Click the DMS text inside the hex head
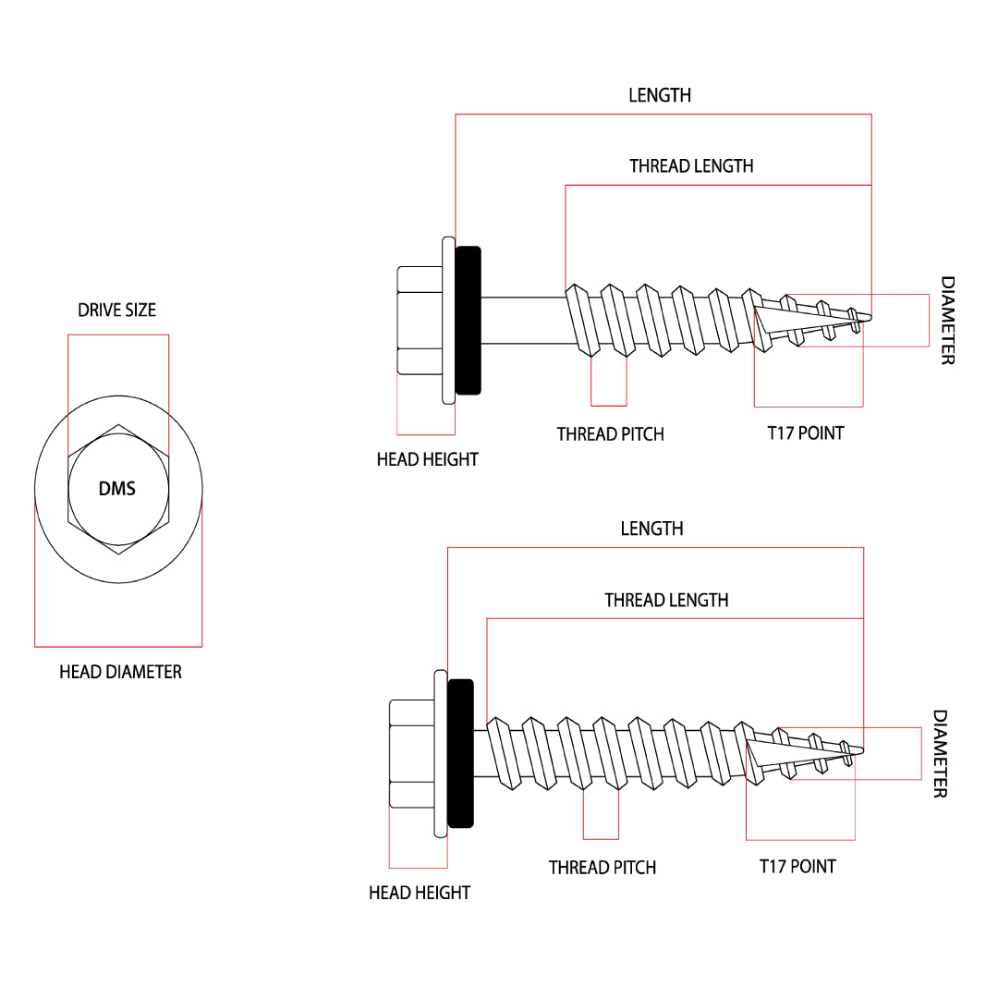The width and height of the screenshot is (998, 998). (x=117, y=489)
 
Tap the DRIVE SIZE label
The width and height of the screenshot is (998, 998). (x=117, y=310)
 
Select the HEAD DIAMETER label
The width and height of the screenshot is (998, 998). (x=120, y=672)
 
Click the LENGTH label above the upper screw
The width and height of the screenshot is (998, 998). (x=660, y=95)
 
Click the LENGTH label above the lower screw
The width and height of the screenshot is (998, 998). (x=651, y=529)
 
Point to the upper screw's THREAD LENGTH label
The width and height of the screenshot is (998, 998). (x=691, y=166)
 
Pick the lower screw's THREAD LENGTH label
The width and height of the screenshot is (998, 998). (x=666, y=601)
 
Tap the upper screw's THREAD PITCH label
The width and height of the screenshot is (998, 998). (x=610, y=434)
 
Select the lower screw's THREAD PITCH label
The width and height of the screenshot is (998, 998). (x=602, y=868)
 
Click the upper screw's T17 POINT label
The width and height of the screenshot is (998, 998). (x=806, y=432)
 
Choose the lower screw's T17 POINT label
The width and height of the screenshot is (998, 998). (x=797, y=867)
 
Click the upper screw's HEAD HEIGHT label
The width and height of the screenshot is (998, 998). (x=427, y=459)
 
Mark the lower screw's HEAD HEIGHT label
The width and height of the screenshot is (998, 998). (x=420, y=893)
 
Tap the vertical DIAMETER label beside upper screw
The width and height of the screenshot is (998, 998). (x=947, y=321)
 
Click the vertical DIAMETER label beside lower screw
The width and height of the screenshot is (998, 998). (x=939, y=754)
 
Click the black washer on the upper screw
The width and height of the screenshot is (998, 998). (x=469, y=320)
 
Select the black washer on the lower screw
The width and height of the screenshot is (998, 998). (x=460, y=753)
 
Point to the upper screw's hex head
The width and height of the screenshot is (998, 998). (x=420, y=321)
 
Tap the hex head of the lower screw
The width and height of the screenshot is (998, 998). (x=412, y=754)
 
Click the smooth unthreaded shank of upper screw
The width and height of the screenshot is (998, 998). (x=522, y=320)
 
